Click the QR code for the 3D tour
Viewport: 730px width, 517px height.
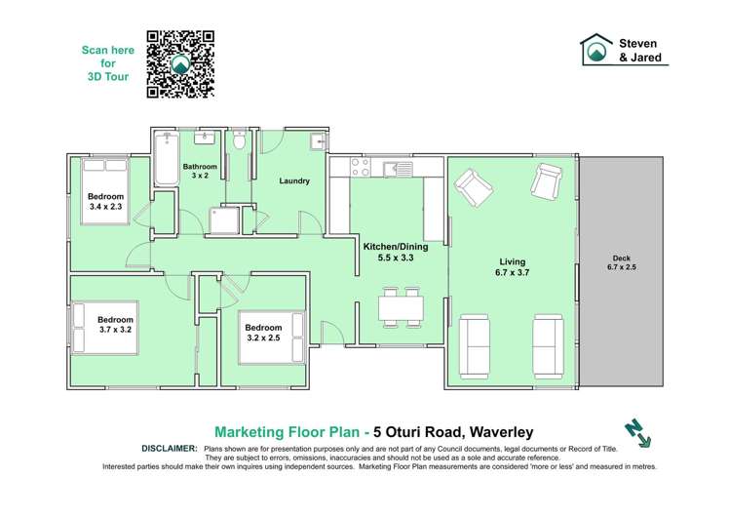pyautogui.click(x=179, y=64)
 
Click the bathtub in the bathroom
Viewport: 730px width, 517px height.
pyautogui.click(x=162, y=160)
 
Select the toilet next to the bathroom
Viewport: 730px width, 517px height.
pyautogui.click(x=239, y=143)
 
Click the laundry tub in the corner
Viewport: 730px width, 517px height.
pyautogui.click(x=316, y=143)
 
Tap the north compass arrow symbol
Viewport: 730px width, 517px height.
pyautogui.click(x=637, y=433)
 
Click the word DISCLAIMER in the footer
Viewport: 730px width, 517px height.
pyautogui.click(x=170, y=447)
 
